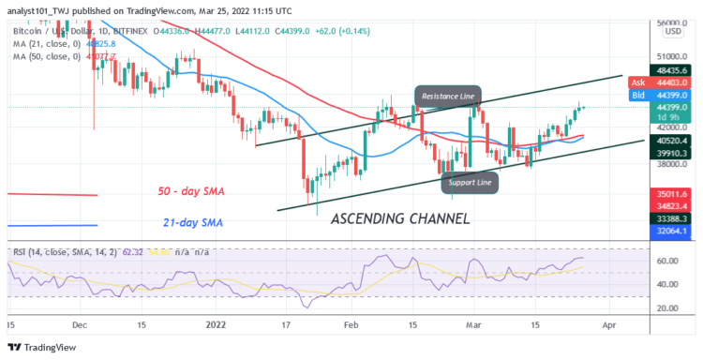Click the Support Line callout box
(471, 182)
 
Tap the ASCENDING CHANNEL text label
(399, 218)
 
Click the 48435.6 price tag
(672, 71)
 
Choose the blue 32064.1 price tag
(672, 228)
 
